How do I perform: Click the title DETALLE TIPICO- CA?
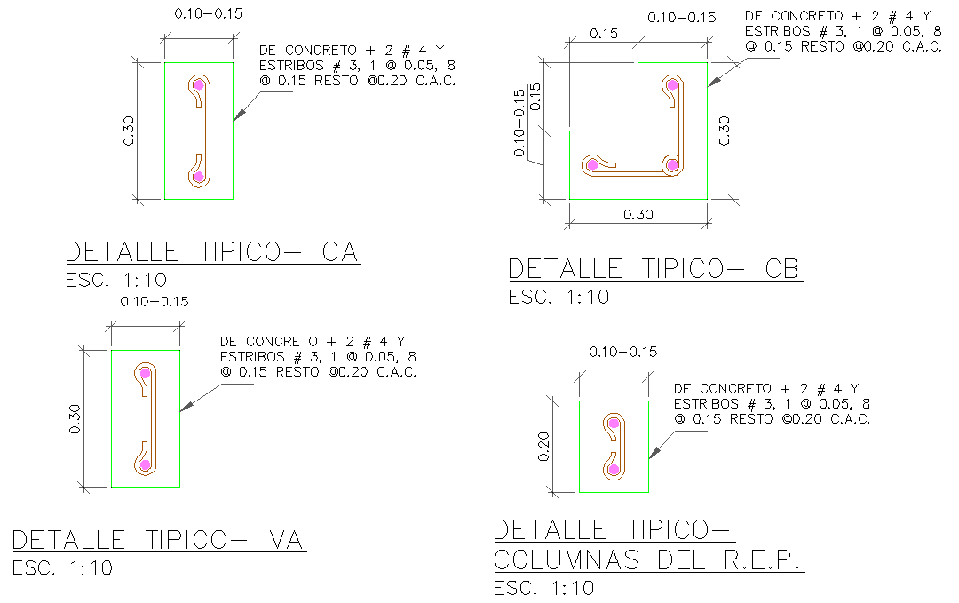click(211, 252)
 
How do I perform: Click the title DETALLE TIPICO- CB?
click(654, 269)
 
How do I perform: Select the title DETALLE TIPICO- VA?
click(158, 540)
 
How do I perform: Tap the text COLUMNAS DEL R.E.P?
click(647, 561)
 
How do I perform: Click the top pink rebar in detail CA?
click(198, 85)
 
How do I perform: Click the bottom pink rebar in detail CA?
click(198, 177)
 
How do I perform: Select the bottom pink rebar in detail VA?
click(145, 464)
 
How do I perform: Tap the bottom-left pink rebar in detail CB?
click(591, 165)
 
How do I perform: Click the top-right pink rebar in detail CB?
click(672, 85)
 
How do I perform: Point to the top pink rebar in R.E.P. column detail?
click(613, 424)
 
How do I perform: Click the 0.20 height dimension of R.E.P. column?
click(545, 446)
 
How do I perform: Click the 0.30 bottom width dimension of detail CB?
click(638, 215)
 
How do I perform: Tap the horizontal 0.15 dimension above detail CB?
click(602, 34)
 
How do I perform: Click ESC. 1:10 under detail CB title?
click(559, 298)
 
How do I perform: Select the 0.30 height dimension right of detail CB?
click(725, 131)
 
